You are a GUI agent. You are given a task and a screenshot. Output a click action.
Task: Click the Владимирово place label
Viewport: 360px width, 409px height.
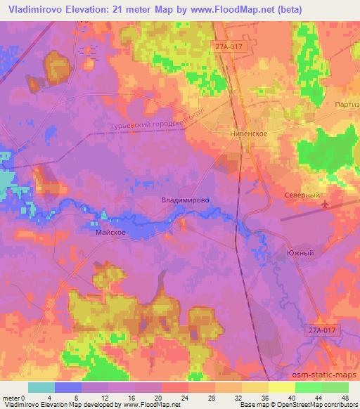(186, 200)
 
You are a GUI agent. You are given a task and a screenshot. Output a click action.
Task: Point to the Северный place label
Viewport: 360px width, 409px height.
(302, 195)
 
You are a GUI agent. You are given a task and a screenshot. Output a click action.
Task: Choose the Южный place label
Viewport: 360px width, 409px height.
(300, 252)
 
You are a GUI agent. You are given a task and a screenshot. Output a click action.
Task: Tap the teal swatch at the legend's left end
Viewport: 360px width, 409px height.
(41, 387)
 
